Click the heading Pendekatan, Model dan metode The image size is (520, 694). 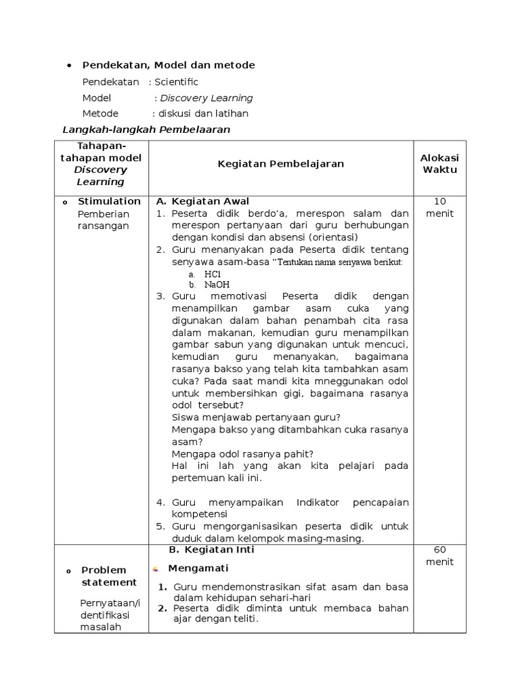pyautogui.click(x=169, y=65)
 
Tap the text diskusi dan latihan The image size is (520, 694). pyautogui.click(x=202, y=113)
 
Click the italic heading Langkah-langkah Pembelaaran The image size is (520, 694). pyautogui.click(x=146, y=129)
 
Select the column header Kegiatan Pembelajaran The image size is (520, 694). pyautogui.click(x=280, y=163)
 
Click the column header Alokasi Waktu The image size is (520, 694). pyautogui.click(x=439, y=163)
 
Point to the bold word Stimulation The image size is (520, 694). pyautogui.click(x=109, y=201)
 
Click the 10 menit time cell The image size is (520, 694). pyautogui.click(x=439, y=207)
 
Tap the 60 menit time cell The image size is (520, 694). pyautogui.click(x=439, y=556)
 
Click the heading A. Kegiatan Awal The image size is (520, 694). pyautogui.click(x=202, y=201)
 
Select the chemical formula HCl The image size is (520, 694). pyautogui.click(x=213, y=274)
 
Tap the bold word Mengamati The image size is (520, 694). pyautogui.click(x=198, y=568)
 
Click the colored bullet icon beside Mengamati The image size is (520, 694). pyautogui.click(x=156, y=569)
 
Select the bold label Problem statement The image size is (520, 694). pyautogui.click(x=109, y=576)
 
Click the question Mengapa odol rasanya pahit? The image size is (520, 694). pyautogui.click(x=242, y=453)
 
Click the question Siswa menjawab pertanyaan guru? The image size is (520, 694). pyautogui.click(x=256, y=417)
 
